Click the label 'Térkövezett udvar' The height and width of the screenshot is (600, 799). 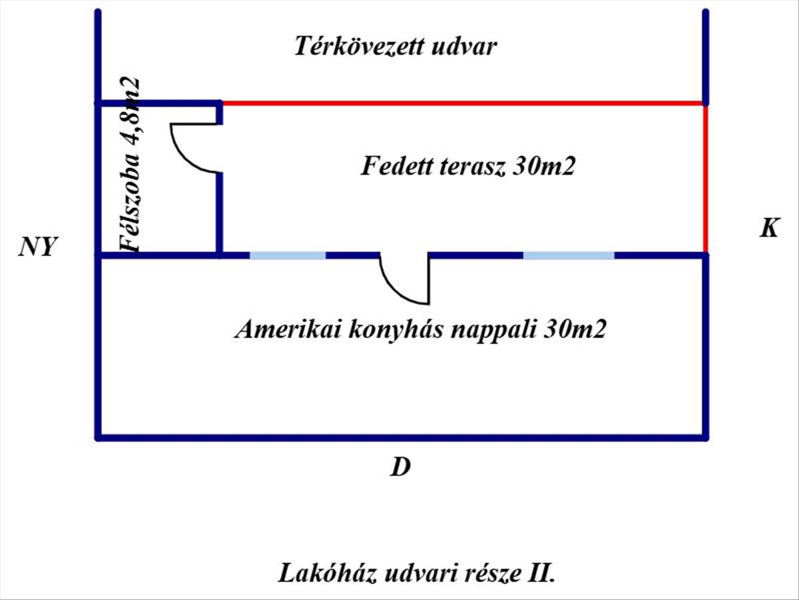(x=396, y=48)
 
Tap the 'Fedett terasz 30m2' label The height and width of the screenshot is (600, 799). (x=467, y=167)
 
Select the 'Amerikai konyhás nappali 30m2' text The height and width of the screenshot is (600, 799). (x=420, y=330)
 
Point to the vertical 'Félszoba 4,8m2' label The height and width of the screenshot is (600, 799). (x=130, y=164)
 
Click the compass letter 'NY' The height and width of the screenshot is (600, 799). (x=39, y=249)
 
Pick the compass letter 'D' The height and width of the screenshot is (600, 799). (x=400, y=468)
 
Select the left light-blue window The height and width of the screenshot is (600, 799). (x=288, y=255)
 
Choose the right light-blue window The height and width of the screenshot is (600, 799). (x=568, y=255)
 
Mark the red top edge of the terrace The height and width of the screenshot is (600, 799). (x=463, y=103)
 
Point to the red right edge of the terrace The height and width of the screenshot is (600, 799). (x=706, y=179)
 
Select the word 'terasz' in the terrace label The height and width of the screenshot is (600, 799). (x=473, y=167)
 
